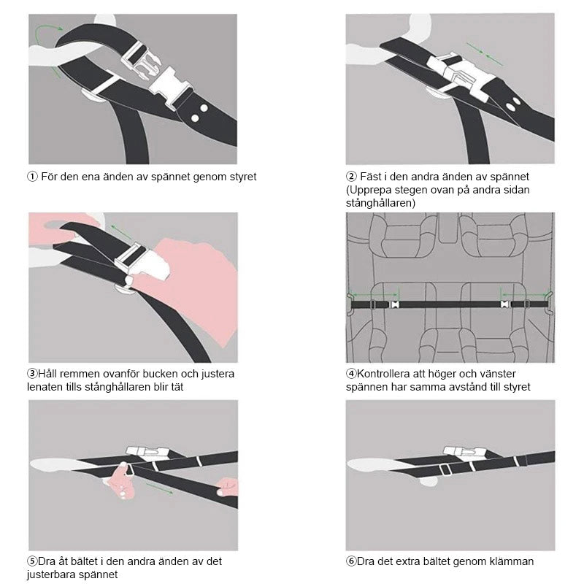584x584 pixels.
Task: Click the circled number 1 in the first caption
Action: [32, 177]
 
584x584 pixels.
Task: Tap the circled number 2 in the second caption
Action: [351, 176]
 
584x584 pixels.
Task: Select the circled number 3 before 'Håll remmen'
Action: [32, 373]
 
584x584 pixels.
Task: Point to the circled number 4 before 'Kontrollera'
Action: [351, 373]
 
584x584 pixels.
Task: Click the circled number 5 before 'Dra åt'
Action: [32, 561]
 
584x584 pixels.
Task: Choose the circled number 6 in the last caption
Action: [351, 561]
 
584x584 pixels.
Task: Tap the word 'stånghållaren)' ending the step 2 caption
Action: [380, 204]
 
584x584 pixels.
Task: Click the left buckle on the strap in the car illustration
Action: [393, 304]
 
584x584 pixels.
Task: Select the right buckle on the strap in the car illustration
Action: [505, 304]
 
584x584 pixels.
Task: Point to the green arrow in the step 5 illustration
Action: [159, 488]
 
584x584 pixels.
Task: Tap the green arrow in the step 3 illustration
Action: [122, 231]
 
